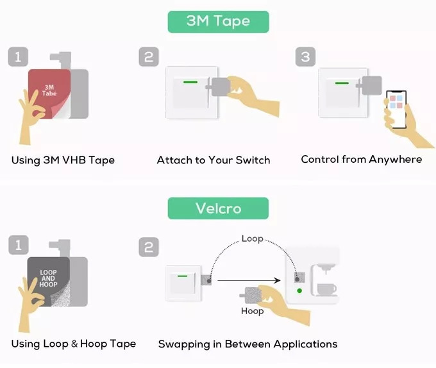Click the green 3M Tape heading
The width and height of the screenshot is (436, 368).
pos(218,21)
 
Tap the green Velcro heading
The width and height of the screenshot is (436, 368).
pos(218,208)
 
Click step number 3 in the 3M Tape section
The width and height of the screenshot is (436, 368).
pos(305,57)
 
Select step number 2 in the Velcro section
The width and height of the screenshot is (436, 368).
pos(149,246)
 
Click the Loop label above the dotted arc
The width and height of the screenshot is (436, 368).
pos(252,238)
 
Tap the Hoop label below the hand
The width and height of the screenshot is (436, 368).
pos(252,311)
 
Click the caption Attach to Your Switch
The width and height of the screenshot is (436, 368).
pos(214,160)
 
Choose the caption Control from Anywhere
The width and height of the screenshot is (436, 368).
pos(362,159)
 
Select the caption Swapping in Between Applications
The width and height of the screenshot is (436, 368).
pos(247,344)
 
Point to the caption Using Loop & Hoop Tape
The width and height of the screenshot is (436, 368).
pos(74,344)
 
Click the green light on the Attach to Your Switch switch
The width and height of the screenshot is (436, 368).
pos(190,81)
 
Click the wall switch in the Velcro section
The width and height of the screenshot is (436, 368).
pos(185,282)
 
